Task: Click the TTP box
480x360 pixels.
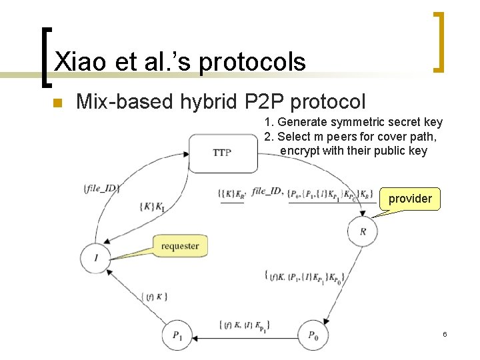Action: [223, 153]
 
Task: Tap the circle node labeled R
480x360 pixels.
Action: [362, 231]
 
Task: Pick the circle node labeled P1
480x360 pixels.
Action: [177, 335]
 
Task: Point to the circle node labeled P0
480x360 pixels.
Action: [313, 335]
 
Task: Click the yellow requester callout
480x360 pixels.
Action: [180, 246]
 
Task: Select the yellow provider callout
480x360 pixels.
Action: [410, 199]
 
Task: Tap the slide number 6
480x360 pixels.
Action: [445, 333]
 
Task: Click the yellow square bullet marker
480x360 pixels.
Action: [57, 103]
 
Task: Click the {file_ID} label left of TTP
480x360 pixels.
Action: [102, 188]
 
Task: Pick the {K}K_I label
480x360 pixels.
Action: [152, 207]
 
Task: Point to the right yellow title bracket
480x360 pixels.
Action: [439, 41]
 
